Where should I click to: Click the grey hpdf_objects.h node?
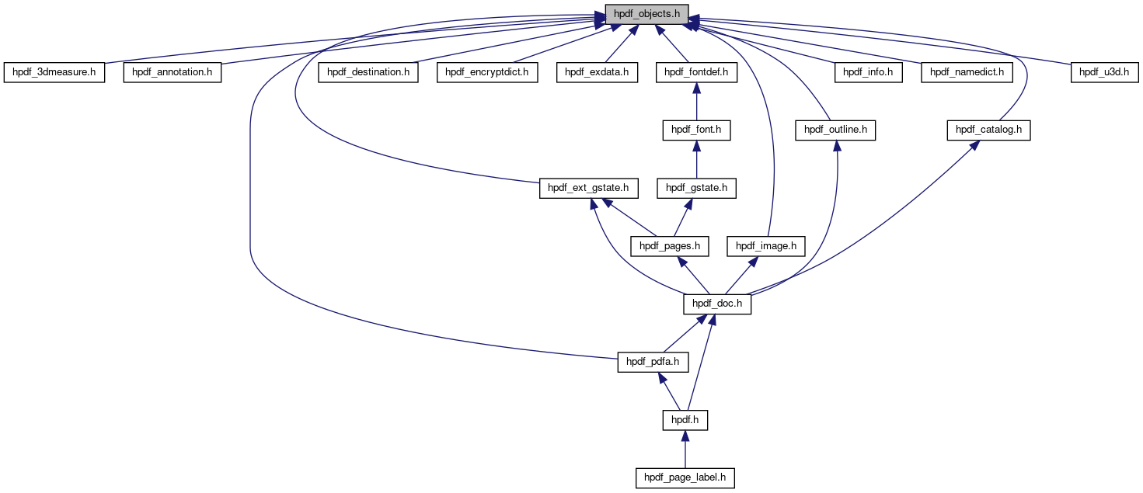pos(646,14)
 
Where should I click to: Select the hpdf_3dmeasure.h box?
pos(54,72)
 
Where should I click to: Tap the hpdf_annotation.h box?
pos(172,72)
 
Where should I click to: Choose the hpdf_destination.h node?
pos(368,72)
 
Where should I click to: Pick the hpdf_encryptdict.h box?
pos(487,72)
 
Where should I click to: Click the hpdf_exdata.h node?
pos(597,72)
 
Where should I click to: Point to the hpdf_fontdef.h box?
pos(696,72)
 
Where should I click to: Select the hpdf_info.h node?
pos(869,72)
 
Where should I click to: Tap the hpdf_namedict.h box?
pos(967,72)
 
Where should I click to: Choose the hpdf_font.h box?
pos(696,130)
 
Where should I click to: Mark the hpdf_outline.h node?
pos(835,130)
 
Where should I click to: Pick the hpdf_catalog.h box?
pos(988,130)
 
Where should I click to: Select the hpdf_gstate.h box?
pos(696,188)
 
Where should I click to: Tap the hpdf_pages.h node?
pos(670,246)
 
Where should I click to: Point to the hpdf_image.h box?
pos(766,246)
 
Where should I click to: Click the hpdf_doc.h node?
pos(717,304)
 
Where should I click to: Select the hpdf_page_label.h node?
pos(685,477)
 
